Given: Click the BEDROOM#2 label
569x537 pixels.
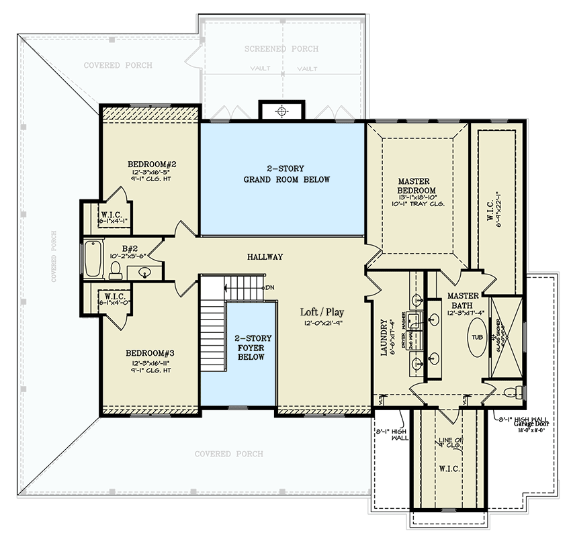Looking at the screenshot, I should point(151,164).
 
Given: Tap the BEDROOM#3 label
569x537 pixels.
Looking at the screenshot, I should point(151,352).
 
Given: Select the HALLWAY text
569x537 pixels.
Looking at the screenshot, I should point(265,257).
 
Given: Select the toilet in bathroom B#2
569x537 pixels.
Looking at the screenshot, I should point(115,271).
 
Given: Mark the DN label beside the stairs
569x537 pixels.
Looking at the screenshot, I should point(270,287).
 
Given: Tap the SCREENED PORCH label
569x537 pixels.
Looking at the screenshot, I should point(281,49).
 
